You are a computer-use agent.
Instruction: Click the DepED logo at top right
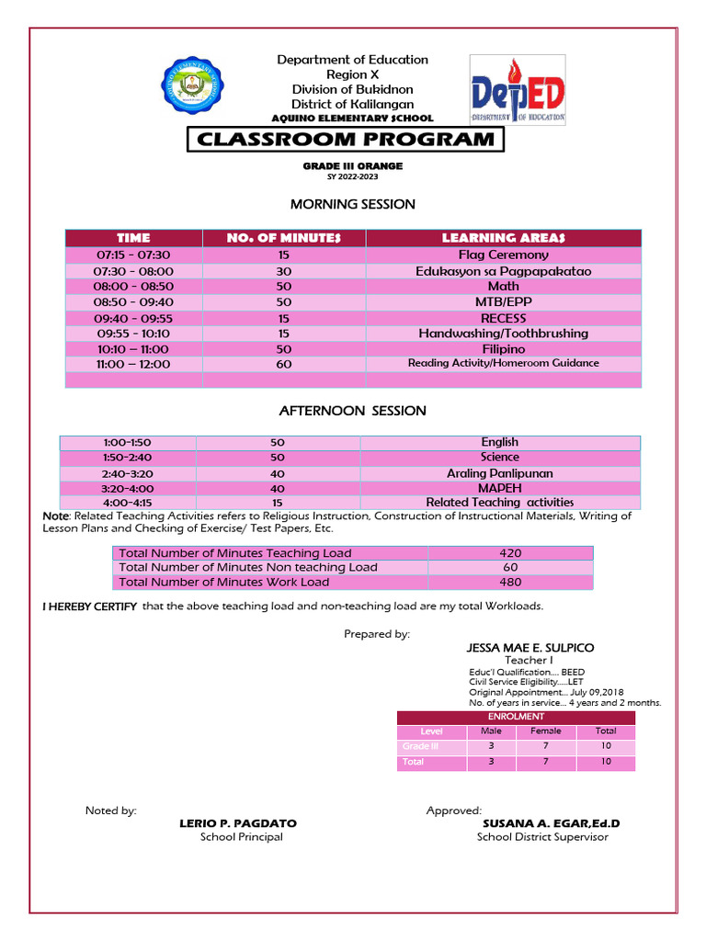518,89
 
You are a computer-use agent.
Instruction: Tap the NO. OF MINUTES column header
283,238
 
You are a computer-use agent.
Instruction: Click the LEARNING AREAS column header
503,238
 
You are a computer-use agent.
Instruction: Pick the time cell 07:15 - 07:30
133,255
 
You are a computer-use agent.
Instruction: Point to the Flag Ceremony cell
503,255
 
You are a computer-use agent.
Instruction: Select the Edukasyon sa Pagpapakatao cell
503,271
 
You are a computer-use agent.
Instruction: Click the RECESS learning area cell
503,318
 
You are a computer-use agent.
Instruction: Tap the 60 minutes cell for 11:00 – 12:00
283,364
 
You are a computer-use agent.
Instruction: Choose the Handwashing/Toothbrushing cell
503,334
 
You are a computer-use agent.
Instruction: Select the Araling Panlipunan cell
499,473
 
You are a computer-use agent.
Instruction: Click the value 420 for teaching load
510,553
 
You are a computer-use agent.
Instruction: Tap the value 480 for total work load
510,582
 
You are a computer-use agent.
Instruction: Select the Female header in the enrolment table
545,731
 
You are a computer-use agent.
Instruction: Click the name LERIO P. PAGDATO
237,824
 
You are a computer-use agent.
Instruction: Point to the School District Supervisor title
541,837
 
